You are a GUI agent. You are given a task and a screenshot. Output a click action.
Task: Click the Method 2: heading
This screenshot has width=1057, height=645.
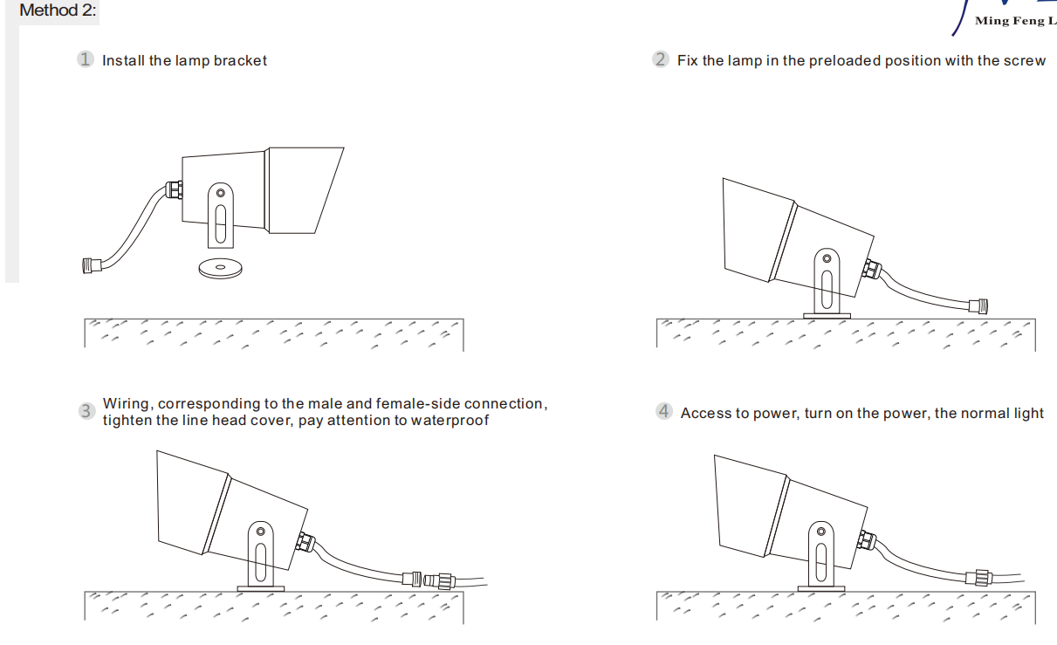pyautogui.click(x=58, y=10)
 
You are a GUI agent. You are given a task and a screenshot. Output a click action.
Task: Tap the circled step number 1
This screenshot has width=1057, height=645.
pyautogui.click(x=86, y=59)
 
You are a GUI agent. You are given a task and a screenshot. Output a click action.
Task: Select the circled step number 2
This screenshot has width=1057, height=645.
pyautogui.click(x=661, y=59)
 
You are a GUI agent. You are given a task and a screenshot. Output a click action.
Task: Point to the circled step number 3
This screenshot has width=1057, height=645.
pyautogui.click(x=86, y=411)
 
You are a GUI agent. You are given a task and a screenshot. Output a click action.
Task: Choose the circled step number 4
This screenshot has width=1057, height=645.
pyautogui.click(x=664, y=411)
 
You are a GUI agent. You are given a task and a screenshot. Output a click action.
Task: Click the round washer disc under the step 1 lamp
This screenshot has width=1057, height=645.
pyautogui.click(x=220, y=268)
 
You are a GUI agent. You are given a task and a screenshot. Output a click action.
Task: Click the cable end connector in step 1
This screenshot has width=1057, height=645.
pyautogui.click(x=92, y=265)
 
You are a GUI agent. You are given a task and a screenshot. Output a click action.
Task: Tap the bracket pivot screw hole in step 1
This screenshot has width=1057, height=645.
pyautogui.click(x=220, y=193)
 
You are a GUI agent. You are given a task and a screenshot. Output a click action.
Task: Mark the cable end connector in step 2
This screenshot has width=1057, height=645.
pyautogui.click(x=978, y=306)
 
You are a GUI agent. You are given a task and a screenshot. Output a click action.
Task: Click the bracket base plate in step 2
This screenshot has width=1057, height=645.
pyautogui.click(x=827, y=316)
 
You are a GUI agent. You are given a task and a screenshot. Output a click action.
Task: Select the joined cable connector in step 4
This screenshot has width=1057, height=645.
pyautogui.click(x=979, y=578)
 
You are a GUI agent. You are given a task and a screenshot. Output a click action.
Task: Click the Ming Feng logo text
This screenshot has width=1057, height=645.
pyautogui.click(x=1015, y=21)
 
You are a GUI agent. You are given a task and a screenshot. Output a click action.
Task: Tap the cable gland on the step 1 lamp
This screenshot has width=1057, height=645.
pyautogui.click(x=174, y=189)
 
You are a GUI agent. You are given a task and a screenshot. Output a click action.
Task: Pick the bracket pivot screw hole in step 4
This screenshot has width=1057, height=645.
pyautogui.click(x=821, y=532)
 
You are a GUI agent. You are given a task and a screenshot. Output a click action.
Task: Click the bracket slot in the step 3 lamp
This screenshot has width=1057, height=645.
pyautogui.click(x=260, y=562)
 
